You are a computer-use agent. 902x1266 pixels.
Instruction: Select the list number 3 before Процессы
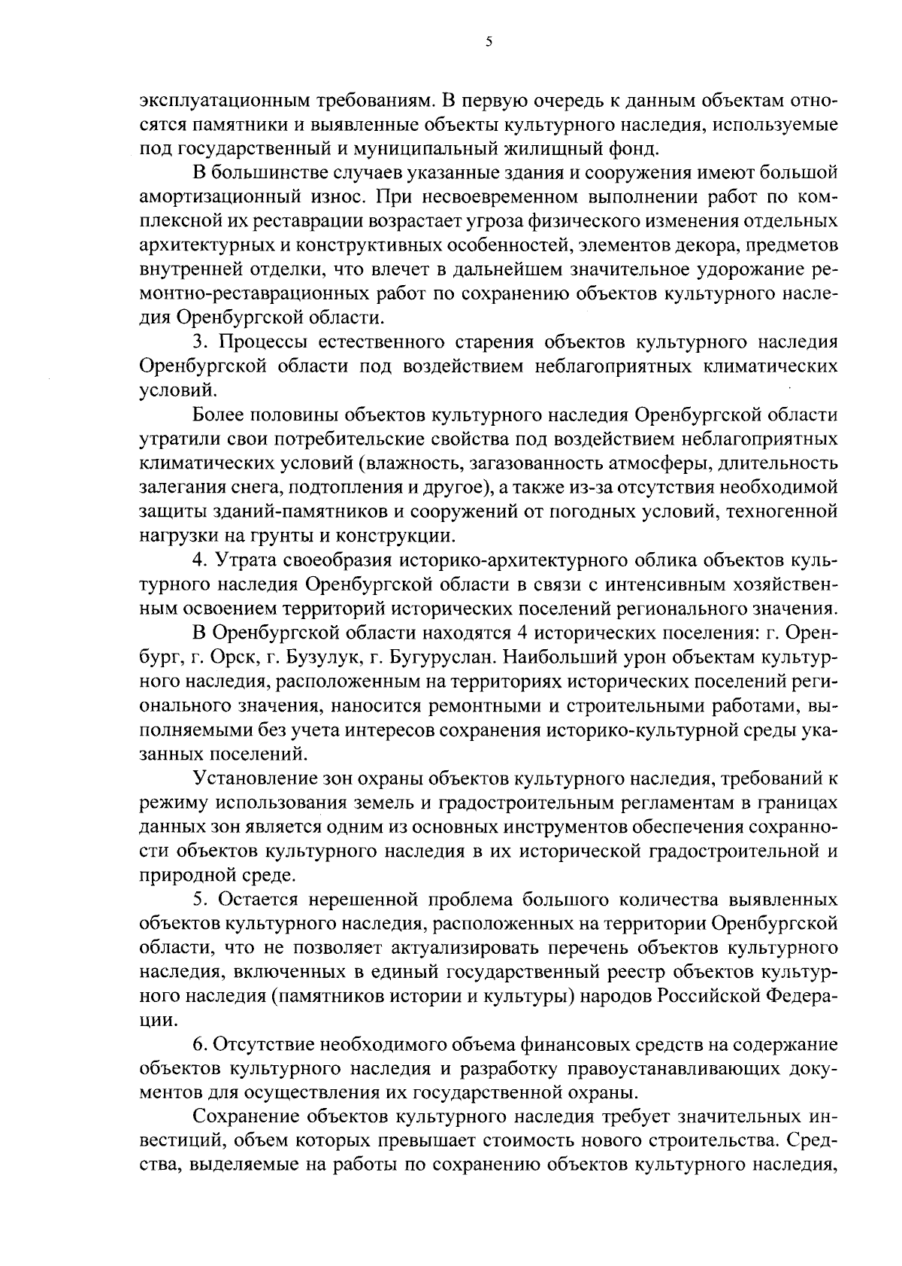[x=200, y=342]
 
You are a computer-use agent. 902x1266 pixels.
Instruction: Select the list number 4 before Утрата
[x=200, y=560]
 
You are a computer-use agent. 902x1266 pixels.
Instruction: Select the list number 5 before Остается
[x=200, y=900]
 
